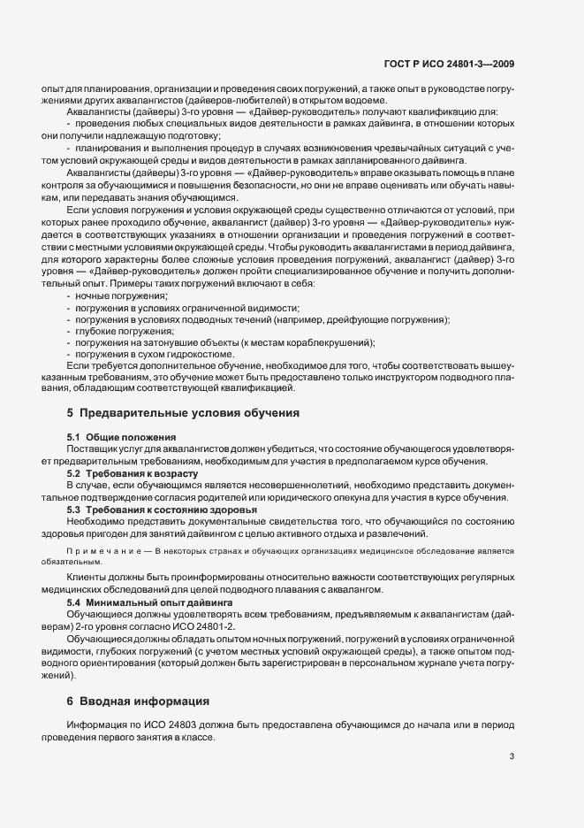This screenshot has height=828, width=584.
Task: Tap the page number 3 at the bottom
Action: point(512,755)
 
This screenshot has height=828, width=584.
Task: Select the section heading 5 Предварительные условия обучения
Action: point(183,413)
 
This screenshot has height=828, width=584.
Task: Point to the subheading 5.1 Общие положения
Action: point(121,437)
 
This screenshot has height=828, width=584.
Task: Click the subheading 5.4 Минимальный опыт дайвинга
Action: point(144,602)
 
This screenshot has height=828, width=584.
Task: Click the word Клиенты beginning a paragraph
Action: point(87,576)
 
